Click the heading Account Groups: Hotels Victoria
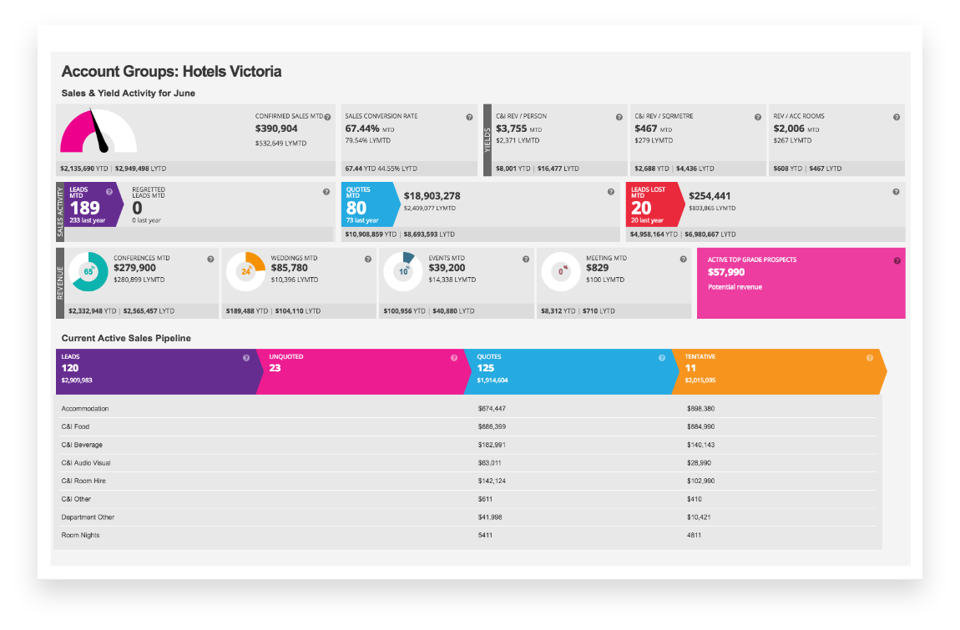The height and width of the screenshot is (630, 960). pyautogui.click(x=171, y=72)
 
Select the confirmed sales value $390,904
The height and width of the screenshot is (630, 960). pyautogui.click(x=276, y=129)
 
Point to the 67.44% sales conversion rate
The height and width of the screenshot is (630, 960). pyautogui.click(x=362, y=129)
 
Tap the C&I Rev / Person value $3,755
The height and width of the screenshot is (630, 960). pyautogui.click(x=511, y=129)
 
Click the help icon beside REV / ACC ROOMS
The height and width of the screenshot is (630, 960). pyautogui.click(x=896, y=118)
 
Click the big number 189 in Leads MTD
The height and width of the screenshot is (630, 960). pyautogui.click(x=84, y=208)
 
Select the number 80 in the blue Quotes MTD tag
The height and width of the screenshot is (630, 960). pyautogui.click(x=356, y=209)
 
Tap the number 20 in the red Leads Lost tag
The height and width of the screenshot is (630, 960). pyautogui.click(x=641, y=209)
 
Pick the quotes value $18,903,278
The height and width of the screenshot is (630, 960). pyautogui.click(x=432, y=196)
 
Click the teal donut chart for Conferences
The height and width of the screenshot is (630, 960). pyautogui.click(x=88, y=272)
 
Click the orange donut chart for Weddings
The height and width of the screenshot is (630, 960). pyautogui.click(x=245, y=272)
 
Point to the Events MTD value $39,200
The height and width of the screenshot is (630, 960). pyautogui.click(x=447, y=268)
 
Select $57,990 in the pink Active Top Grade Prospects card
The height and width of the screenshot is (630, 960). pyautogui.click(x=726, y=272)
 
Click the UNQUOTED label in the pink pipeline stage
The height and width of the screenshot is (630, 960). pyautogui.click(x=285, y=357)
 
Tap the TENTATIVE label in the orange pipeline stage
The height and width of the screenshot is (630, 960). pyautogui.click(x=700, y=357)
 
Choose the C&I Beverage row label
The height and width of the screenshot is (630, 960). pyautogui.click(x=82, y=445)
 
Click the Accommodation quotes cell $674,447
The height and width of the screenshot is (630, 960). pyautogui.click(x=492, y=409)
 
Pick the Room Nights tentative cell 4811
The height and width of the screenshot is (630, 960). pyautogui.click(x=695, y=535)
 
